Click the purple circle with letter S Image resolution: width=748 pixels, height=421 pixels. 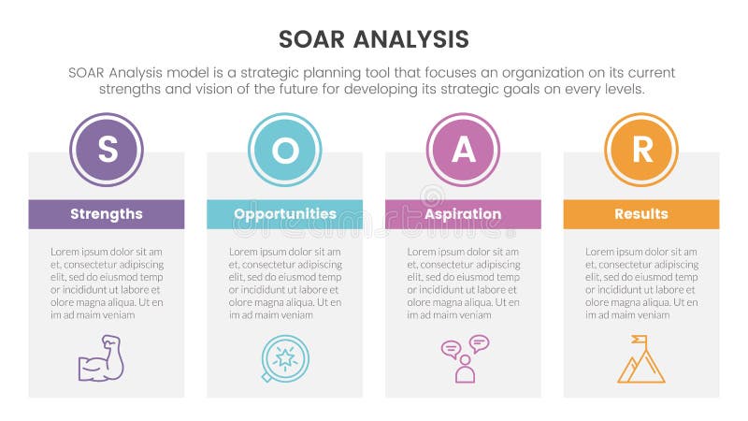[106, 150]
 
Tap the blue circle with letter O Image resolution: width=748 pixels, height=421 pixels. [284, 150]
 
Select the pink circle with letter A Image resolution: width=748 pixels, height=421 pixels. [463, 150]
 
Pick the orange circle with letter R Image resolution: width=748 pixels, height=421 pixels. [641, 150]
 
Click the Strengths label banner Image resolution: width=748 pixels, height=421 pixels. [106, 214]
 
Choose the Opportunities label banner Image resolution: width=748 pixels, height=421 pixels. [284, 214]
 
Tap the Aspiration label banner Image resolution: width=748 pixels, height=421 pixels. [463, 214]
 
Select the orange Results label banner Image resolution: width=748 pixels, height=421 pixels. [641, 214]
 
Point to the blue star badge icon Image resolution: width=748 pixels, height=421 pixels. [284, 359]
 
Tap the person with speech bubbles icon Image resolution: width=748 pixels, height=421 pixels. [465, 359]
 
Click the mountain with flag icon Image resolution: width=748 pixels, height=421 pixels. [640, 360]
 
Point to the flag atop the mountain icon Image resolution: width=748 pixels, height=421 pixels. [639, 341]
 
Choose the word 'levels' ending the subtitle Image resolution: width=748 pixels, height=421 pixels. [623, 90]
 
